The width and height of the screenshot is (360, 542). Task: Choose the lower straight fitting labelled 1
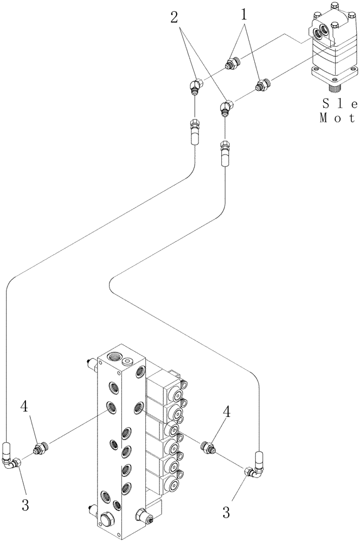(262, 85)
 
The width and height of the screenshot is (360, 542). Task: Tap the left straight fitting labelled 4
(38, 448)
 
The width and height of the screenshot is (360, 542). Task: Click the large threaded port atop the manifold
(113, 357)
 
